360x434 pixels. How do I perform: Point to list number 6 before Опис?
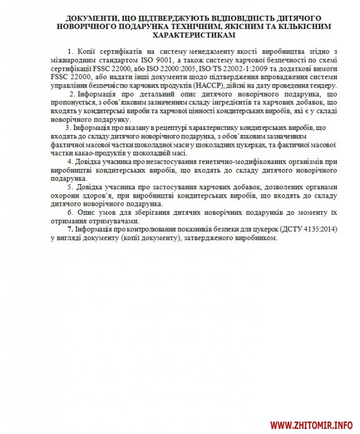click(x=70, y=213)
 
